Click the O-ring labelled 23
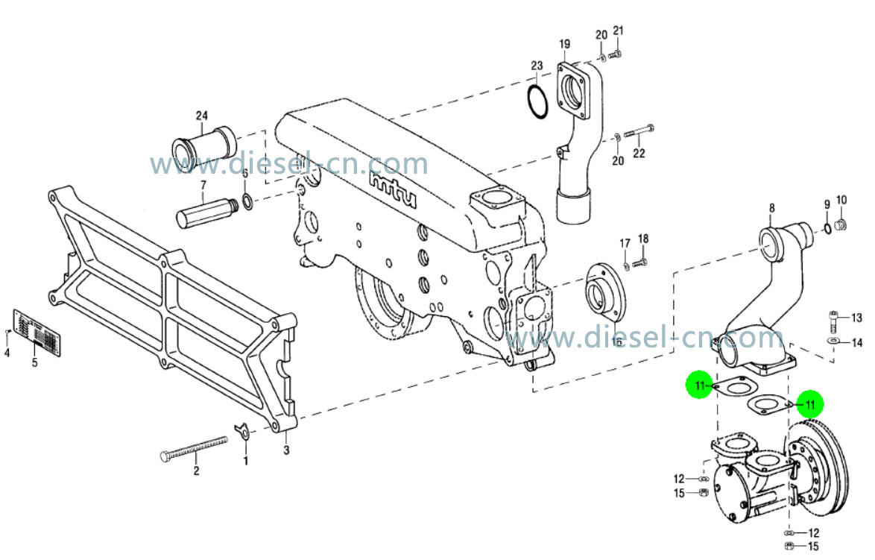tap(537, 100)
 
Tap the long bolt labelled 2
tap(192, 449)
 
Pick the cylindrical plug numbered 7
tap(206, 213)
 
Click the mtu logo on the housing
tap(392, 192)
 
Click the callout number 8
tap(771, 209)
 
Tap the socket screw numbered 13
tap(833, 322)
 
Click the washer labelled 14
tap(832, 342)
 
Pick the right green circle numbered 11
tap(809, 404)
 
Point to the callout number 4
tap(7, 353)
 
